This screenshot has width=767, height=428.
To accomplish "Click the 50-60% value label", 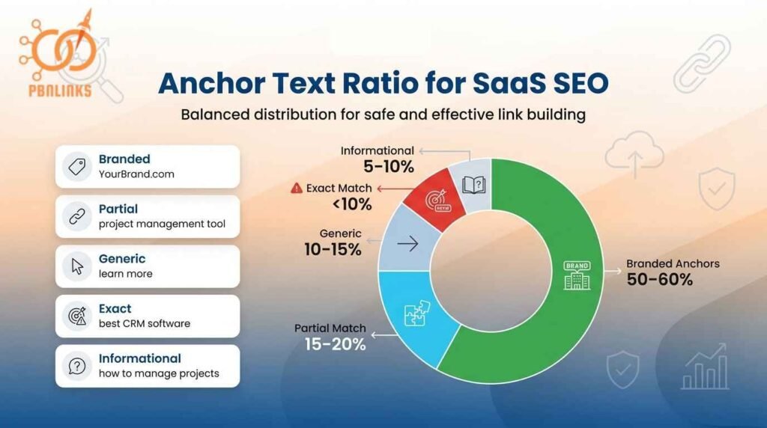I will tap(660, 281).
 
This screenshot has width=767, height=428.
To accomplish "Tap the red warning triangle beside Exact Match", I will tap(297, 189).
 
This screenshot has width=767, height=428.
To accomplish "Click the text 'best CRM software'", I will tap(145, 324).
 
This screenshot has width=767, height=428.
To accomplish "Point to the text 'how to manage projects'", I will tap(159, 373).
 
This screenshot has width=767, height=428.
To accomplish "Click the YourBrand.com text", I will tap(136, 174).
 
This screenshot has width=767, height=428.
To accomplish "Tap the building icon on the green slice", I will tap(577, 275).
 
